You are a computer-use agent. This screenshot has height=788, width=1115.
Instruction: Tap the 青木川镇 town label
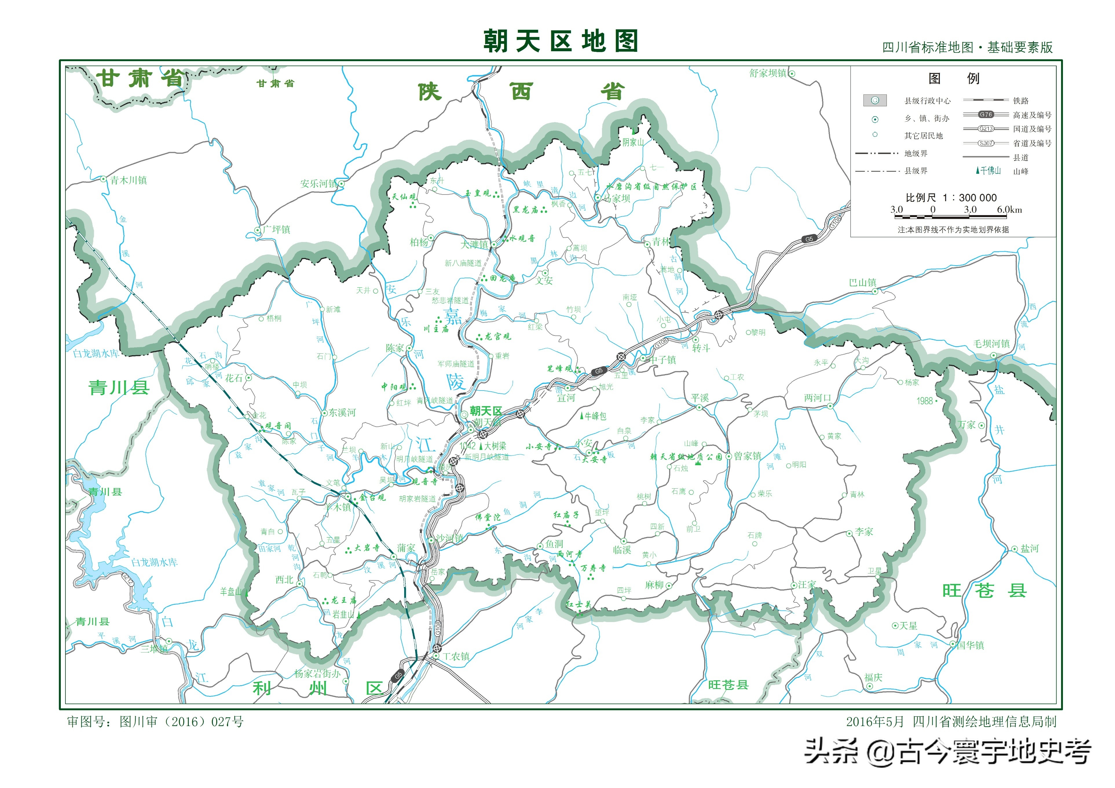[128, 180]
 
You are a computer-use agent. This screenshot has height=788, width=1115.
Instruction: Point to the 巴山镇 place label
[863, 283]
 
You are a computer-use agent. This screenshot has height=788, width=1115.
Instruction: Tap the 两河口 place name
[818, 398]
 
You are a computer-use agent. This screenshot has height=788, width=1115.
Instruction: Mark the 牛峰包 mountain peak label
[595, 416]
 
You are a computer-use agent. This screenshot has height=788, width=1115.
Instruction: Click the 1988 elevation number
[925, 401]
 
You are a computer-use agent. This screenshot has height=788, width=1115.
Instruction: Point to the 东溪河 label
[342, 413]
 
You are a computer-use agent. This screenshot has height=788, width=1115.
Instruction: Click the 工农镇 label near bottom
[456, 656]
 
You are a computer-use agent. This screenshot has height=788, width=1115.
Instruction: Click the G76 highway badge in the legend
[986, 115]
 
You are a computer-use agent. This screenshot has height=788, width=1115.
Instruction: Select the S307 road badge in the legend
[986, 143]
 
